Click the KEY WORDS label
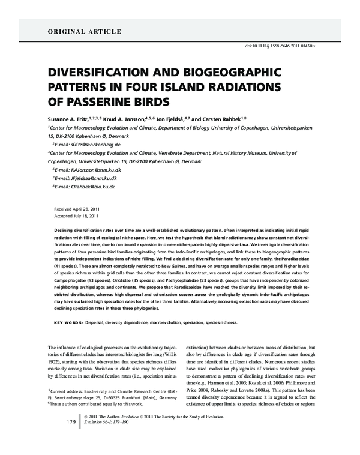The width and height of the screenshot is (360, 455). [x=69, y=322]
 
